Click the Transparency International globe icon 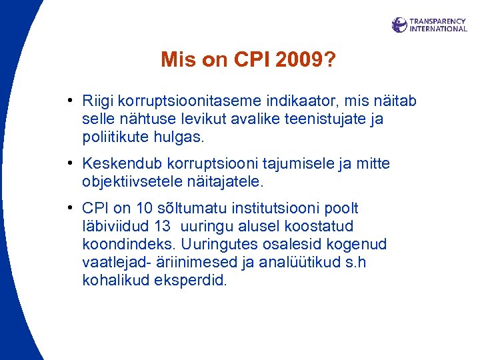click(399, 25)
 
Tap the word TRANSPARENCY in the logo click(437, 21)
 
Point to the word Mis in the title click(176, 61)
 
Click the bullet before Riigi click(70, 101)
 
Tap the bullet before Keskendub click(70, 163)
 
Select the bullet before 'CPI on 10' click(70, 209)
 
